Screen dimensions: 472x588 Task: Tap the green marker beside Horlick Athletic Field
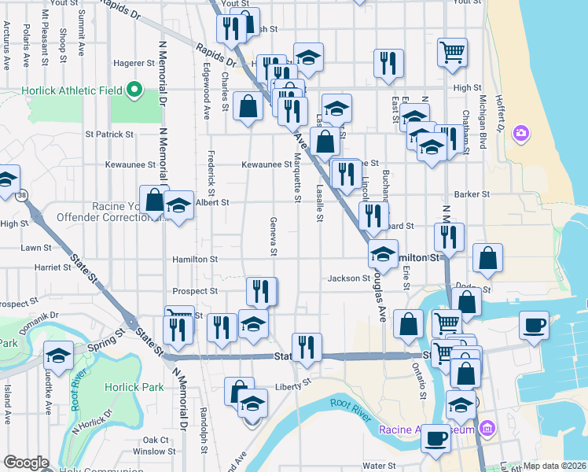pyautogui.click(x=134, y=90)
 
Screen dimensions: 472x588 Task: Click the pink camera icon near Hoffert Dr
pyautogui.click(x=520, y=134)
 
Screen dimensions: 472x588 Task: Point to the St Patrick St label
pyautogui.click(x=110, y=135)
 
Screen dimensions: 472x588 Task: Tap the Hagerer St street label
pyautogui.click(x=134, y=63)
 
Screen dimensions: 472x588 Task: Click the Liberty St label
pyautogui.click(x=294, y=386)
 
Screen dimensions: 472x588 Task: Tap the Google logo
pyautogui.click(x=25, y=463)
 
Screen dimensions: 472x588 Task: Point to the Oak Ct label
pyautogui.click(x=156, y=440)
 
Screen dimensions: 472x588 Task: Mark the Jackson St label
pyautogui.click(x=349, y=278)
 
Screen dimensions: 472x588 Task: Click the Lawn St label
pyautogui.click(x=36, y=247)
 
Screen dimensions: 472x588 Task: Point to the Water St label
pyautogui.click(x=378, y=466)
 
